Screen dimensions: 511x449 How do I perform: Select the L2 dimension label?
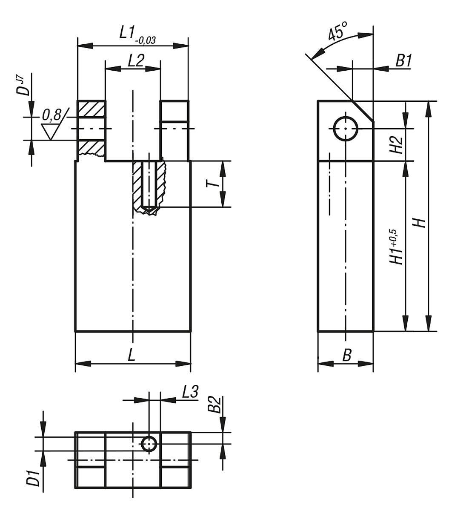(135, 60)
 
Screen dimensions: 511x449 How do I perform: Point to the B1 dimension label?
(403, 61)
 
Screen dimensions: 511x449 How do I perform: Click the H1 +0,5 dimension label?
(395, 247)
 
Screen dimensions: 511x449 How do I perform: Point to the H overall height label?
(420, 222)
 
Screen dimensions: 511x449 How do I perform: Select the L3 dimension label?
(190, 392)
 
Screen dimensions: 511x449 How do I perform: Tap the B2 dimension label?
(216, 405)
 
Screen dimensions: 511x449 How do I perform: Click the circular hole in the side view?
(346, 128)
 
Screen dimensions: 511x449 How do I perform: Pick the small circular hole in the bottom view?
(149, 444)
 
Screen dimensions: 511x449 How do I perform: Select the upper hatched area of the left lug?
(91, 109)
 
